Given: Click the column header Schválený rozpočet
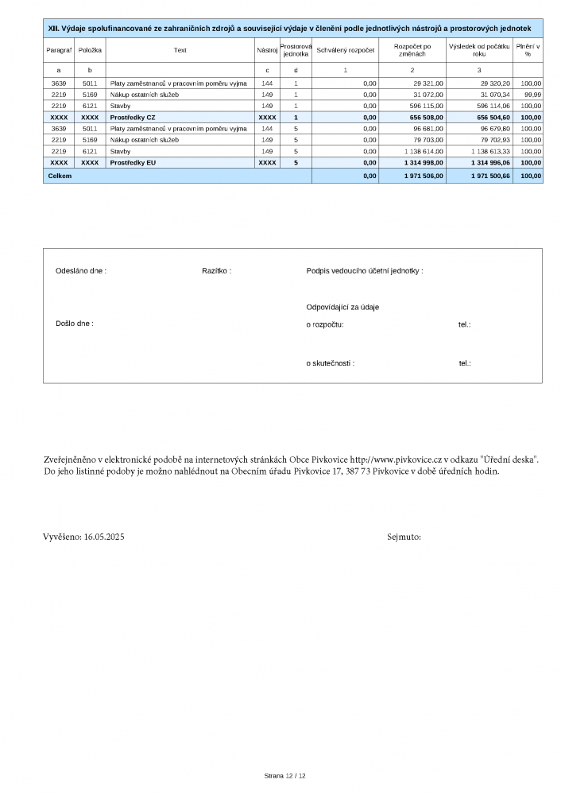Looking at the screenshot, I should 345,49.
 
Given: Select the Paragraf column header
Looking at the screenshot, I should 59,49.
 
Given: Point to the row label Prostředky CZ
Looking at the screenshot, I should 133,117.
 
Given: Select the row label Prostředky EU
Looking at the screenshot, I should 133,162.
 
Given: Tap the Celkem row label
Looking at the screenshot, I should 60,176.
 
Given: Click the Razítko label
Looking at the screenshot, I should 216,270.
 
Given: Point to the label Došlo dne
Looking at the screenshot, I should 75,324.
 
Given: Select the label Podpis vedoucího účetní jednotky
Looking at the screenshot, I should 365,270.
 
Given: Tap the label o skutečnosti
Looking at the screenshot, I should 330,363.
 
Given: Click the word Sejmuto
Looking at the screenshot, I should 404,537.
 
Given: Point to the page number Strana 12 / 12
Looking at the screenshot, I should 284,775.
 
